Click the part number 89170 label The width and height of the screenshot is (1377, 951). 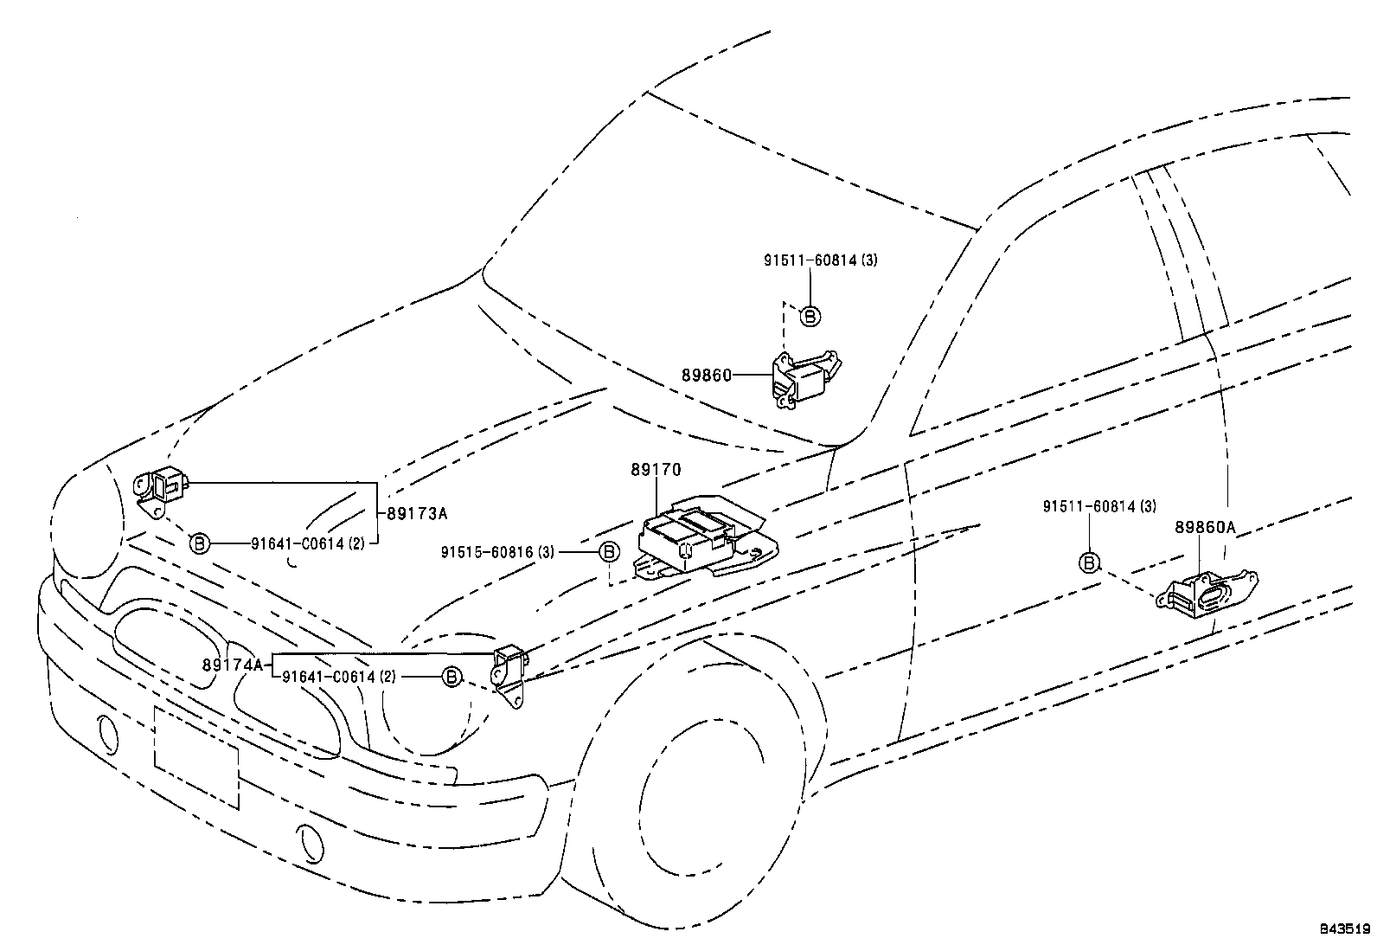click(656, 470)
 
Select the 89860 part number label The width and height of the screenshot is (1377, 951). click(706, 376)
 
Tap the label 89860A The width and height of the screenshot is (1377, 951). click(1205, 527)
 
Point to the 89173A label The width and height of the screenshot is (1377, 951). click(416, 513)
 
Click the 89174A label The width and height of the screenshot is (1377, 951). click(232, 665)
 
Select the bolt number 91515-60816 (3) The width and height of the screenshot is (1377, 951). click(497, 551)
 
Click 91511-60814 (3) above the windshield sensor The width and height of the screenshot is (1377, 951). click(820, 260)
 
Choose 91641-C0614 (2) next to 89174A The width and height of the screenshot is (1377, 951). click(338, 677)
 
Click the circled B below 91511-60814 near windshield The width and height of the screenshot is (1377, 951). click(810, 317)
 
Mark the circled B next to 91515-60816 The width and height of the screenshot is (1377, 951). click(608, 551)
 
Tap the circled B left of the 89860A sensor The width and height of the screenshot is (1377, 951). click(1090, 563)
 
